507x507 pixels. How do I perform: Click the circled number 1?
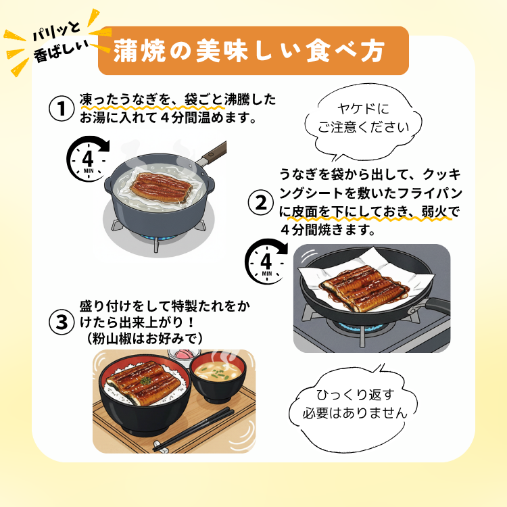point(62,109)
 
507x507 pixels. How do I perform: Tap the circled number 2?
point(261,203)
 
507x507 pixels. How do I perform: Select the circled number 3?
point(62,322)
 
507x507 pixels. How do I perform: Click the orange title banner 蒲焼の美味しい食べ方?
point(254,51)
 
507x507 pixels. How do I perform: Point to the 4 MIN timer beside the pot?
point(87,159)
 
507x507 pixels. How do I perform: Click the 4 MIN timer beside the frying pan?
point(266,262)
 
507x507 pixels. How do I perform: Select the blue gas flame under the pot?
point(157,239)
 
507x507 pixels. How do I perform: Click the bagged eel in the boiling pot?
point(161,187)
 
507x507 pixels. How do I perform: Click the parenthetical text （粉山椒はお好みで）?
point(145,339)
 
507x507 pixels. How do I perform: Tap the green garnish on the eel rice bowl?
point(145,380)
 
